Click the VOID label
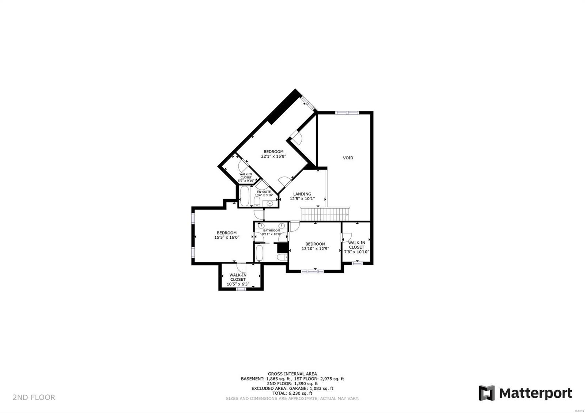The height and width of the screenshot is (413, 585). (348, 158)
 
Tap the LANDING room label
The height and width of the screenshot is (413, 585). (302, 194)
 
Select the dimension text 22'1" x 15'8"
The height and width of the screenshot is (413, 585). (273, 156)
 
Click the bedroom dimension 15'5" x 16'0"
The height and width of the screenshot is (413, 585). (227, 238)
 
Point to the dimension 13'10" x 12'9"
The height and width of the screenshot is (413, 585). (315, 249)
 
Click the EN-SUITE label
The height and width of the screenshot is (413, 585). (264, 192)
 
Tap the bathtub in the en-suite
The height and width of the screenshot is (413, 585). (245, 197)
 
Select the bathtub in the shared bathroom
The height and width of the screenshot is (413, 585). (259, 253)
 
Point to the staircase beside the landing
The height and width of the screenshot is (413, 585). (325, 215)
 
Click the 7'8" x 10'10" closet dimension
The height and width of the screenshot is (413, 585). (356, 252)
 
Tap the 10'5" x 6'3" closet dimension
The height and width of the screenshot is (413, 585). (238, 284)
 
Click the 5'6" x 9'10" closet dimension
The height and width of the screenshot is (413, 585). (246, 181)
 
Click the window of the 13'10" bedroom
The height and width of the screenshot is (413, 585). (313, 271)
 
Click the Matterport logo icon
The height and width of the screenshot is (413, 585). (486, 393)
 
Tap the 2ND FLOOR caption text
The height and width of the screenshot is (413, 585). (34, 397)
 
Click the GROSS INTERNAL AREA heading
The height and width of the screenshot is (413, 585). (292, 374)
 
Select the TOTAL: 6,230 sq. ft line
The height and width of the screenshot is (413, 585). (292, 393)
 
